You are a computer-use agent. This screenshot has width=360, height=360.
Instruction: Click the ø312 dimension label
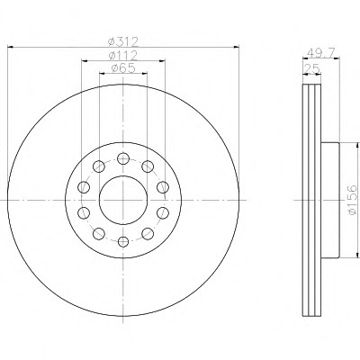coord(123,41)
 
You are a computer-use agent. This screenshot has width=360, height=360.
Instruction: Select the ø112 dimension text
coord(123,55)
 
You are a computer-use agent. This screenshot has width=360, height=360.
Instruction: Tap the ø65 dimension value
coord(123,68)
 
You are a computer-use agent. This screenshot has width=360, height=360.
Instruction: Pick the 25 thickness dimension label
coord(312,69)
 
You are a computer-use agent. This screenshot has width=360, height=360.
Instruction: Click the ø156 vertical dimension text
coord(353,200)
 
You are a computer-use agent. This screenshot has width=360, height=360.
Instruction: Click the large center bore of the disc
coord(123,200)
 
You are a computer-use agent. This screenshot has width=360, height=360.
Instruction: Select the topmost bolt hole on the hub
coord(123,158)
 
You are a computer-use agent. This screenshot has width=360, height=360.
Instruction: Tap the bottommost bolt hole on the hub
coord(123,241)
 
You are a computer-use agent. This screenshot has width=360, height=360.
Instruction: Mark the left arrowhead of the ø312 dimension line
coord(11,47)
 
